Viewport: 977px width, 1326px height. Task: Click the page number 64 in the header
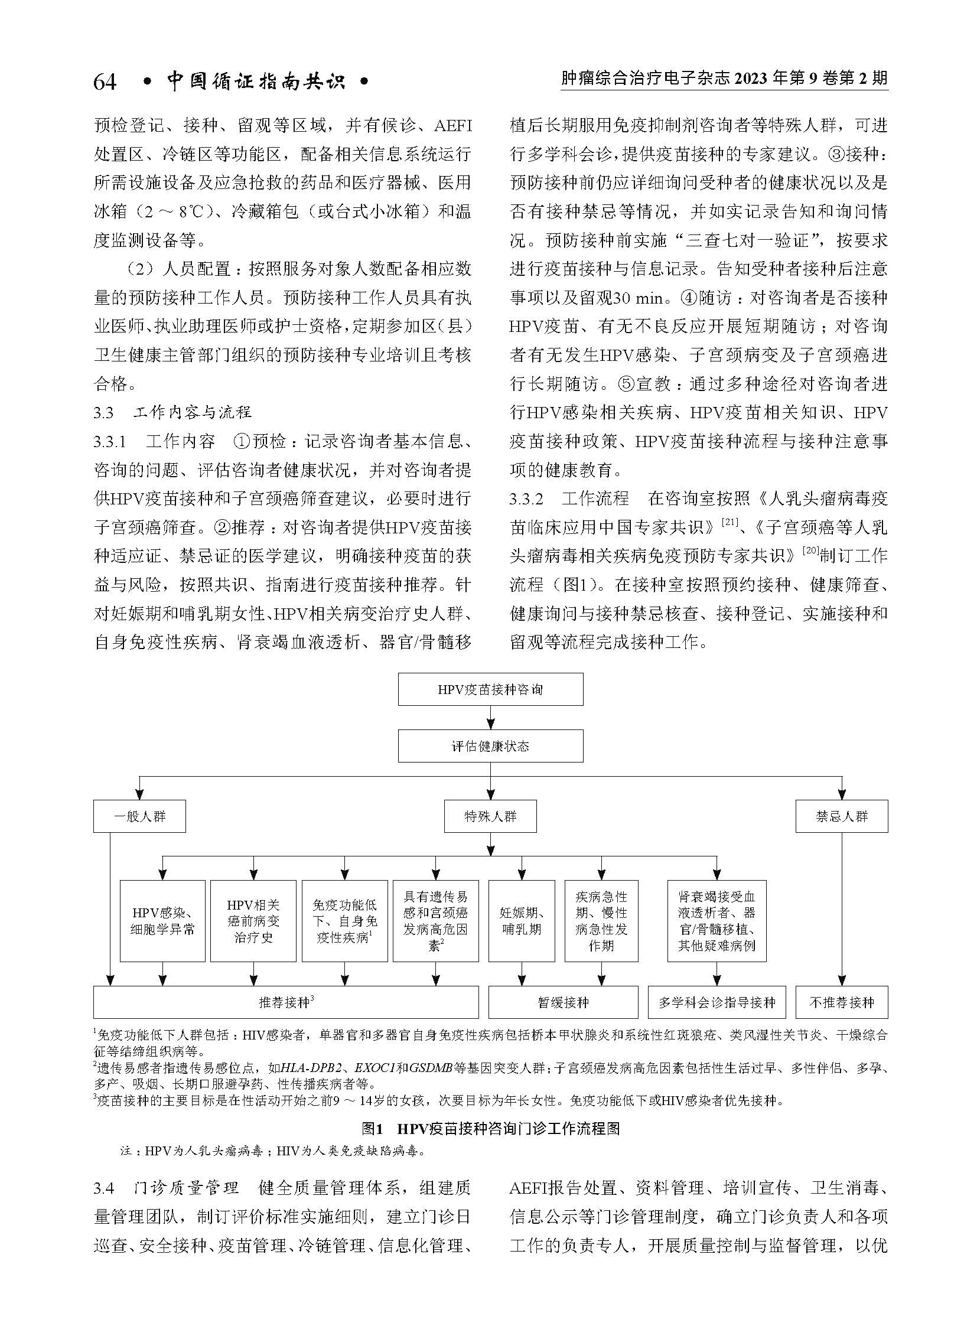pos(105,82)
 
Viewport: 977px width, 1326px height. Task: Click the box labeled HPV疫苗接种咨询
pos(490,689)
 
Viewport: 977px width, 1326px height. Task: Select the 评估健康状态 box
pos(490,746)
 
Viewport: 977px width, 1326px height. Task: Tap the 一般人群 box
pos(139,816)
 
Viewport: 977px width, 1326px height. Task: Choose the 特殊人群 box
pos(490,816)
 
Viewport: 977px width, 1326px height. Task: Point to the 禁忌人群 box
pos(841,816)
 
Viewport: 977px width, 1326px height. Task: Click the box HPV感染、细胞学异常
pos(162,921)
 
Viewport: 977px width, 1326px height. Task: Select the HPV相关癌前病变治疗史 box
pos(253,921)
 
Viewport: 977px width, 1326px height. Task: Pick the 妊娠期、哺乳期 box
pos(521,921)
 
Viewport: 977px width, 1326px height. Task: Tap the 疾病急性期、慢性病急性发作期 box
pos(601,921)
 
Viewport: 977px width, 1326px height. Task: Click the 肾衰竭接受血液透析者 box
pos(716,921)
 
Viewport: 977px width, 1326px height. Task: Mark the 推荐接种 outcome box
pos(286,1002)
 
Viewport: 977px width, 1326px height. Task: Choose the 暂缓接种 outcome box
pos(563,1002)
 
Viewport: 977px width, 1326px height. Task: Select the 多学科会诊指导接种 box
pos(716,1002)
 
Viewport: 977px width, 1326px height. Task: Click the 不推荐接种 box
pos(841,1002)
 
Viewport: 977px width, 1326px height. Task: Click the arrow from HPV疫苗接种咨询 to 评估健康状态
pos(490,718)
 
